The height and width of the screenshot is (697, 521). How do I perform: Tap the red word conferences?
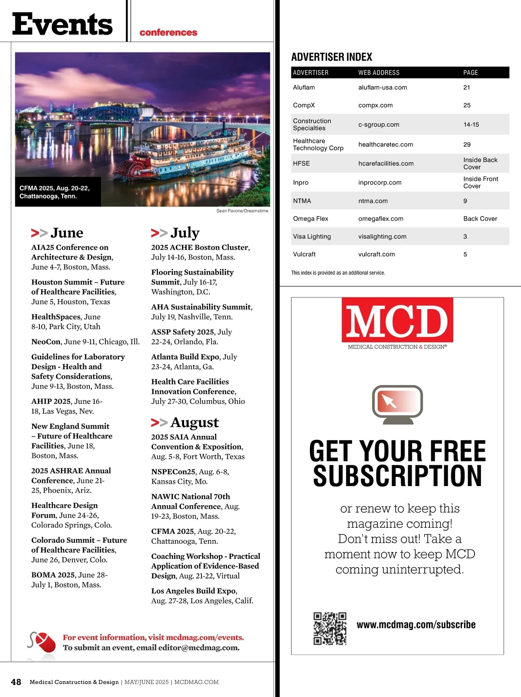[x=168, y=33]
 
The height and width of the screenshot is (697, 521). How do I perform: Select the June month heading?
[x=66, y=233]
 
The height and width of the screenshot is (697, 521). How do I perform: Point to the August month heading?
[x=194, y=422]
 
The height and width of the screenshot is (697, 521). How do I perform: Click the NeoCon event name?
[x=46, y=342]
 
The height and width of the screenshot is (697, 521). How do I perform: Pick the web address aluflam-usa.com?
[x=383, y=87]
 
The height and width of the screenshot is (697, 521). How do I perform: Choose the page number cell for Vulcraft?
[x=465, y=254]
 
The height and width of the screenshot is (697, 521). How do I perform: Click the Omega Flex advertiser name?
[x=310, y=219]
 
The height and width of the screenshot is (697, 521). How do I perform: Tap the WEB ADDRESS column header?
[x=379, y=72]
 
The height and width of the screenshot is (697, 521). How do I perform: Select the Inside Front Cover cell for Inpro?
[x=480, y=182]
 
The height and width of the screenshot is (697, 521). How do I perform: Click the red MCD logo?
[x=397, y=320]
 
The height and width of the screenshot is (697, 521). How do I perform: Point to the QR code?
[x=330, y=628]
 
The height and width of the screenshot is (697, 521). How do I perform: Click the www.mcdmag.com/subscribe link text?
[x=416, y=625]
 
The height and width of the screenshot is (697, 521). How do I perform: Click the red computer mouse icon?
[x=45, y=642]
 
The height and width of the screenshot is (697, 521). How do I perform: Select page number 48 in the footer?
[x=16, y=682]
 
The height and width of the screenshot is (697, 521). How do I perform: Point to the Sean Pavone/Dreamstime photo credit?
[x=242, y=211]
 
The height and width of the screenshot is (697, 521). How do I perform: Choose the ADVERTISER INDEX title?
[x=332, y=57]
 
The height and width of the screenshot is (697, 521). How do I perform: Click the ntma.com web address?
[x=373, y=201]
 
